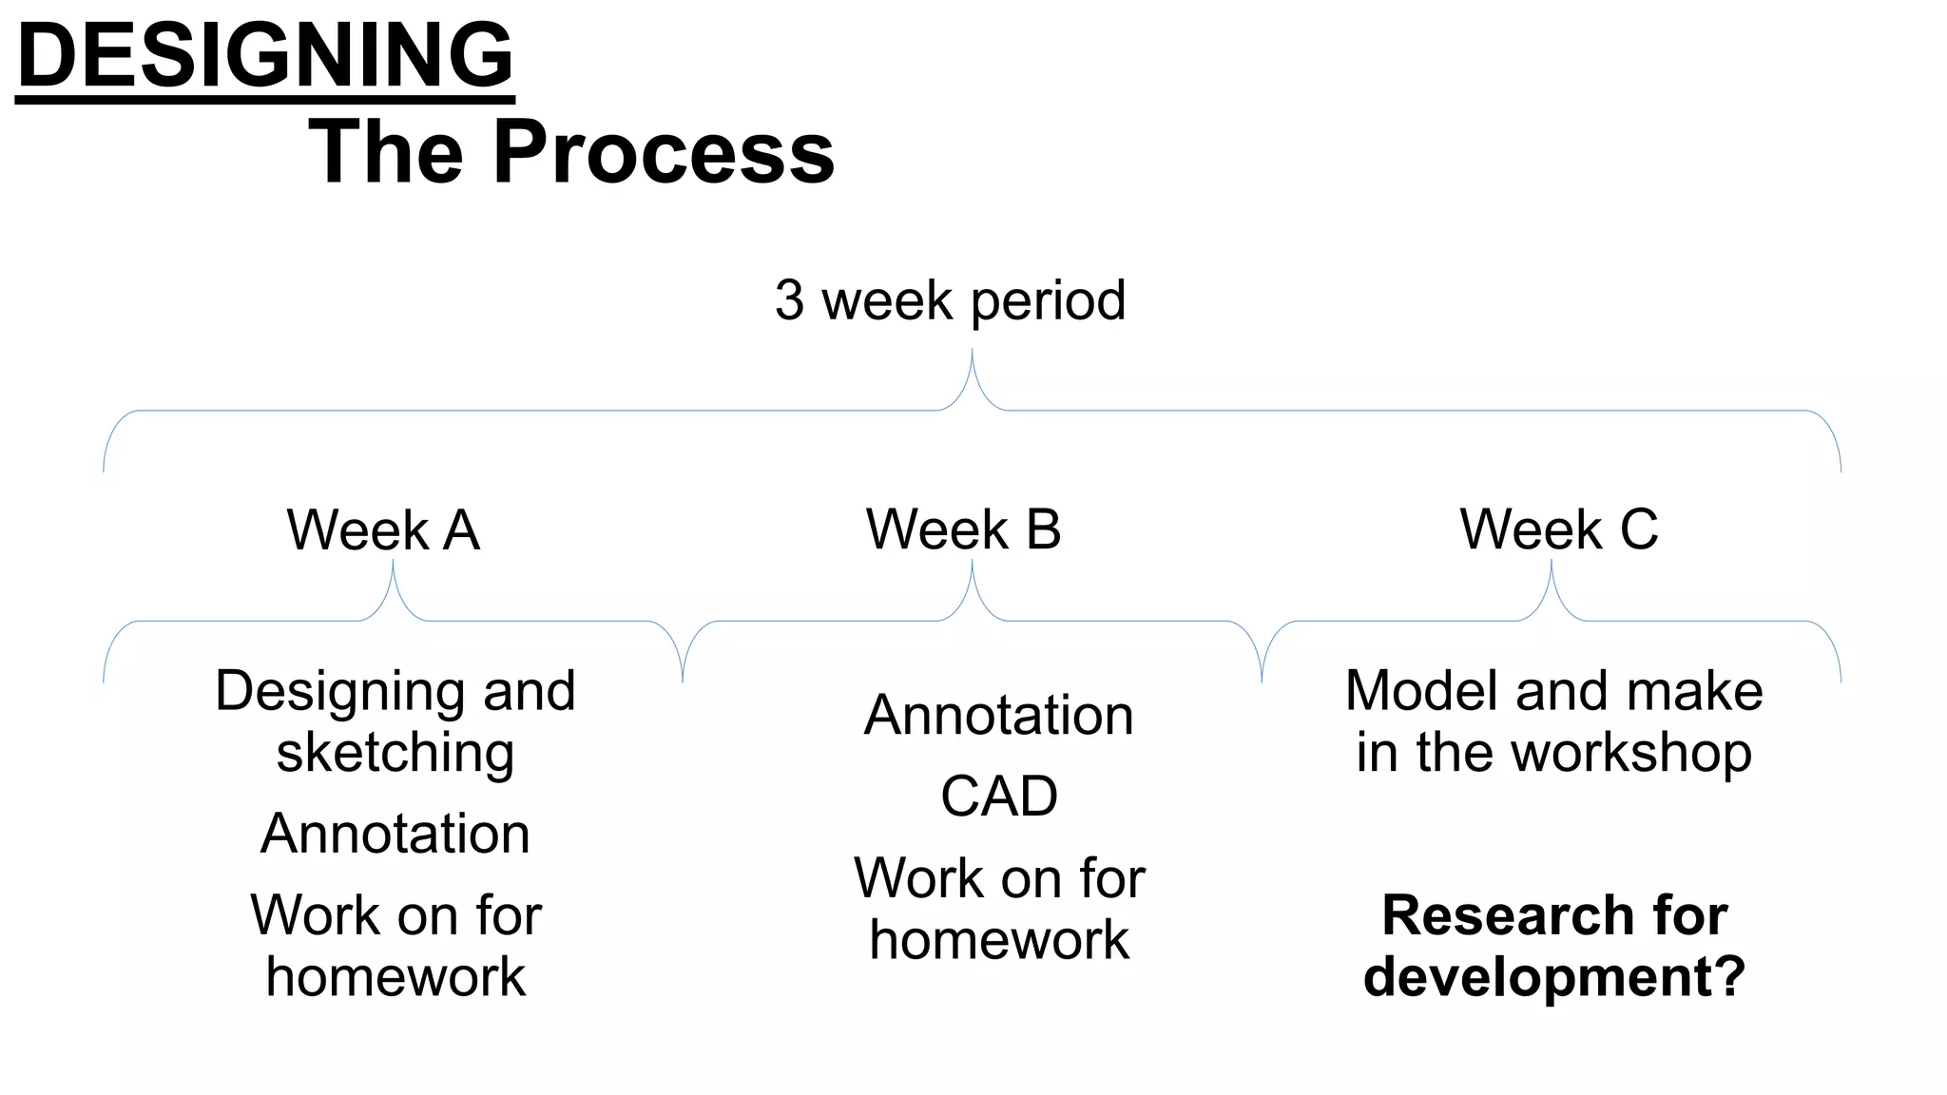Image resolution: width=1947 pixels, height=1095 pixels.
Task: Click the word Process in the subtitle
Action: [x=663, y=153]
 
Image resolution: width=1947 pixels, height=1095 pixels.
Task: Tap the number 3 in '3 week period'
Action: [x=789, y=300]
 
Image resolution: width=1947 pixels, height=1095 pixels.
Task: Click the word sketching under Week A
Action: [x=395, y=753]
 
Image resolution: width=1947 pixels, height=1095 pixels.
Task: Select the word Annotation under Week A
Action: [x=395, y=834]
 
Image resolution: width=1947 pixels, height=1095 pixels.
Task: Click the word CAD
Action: [x=999, y=796]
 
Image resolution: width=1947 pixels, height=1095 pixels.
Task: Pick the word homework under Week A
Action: [x=395, y=976]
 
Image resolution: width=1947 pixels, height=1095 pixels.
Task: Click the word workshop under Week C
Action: [x=1631, y=753]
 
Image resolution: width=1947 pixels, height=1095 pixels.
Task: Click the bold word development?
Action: [x=1554, y=976]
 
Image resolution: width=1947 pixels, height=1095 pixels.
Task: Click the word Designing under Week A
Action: [x=342, y=692]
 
